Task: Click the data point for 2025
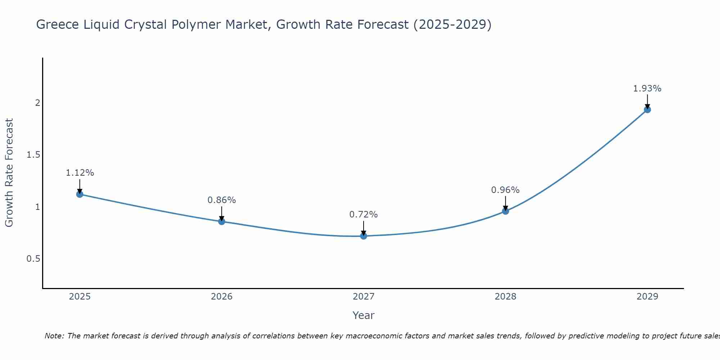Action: [x=80, y=194]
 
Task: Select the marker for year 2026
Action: [x=222, y=221]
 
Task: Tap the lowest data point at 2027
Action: [x=364, y=236]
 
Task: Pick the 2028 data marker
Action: [x=505, y=211]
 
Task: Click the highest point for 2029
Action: [x=647, y=109]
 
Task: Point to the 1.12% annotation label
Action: [x=80, y=173]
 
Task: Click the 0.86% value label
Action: [x=222, y=200]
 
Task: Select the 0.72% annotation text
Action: [x=364, y=215]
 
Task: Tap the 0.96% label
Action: [x=505, y=190]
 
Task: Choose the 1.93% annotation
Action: [x=647, y=89]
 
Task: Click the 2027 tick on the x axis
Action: [x=364, y=297]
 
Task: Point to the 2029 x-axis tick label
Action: [x=647, y=297]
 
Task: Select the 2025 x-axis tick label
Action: [x=80, y=297]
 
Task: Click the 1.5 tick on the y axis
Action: [x=33, y=155]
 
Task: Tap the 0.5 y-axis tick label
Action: [x=33, y=259]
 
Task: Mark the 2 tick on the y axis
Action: [x=37, y=103]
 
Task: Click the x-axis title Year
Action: [x=364, y=315]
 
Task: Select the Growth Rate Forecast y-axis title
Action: [x=9, y=173]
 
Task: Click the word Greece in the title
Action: [x=58, y=25]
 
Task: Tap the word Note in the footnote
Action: [x=54, y=336]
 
